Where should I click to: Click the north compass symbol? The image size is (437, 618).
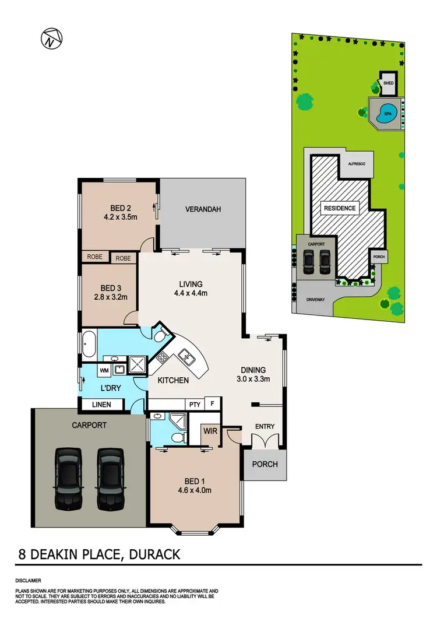[x=51, y=38]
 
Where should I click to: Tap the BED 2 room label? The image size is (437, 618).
[x=119, y=208]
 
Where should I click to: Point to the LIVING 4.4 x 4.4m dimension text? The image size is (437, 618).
[x=190, y=293]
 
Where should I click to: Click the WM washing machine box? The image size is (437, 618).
[x=104, y=370]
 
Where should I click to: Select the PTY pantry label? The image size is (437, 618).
[x=193, y=403]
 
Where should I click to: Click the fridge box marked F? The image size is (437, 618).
[x=213, y=403]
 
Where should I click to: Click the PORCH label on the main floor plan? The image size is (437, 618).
[x=265, y=465]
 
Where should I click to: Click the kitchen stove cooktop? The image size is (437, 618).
[x=163, y=357]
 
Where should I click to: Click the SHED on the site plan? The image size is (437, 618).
[x=389, y=83]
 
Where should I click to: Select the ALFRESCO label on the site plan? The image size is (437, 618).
[x=356, y=165]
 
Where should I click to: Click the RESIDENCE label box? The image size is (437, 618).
[x=341, y=208]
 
